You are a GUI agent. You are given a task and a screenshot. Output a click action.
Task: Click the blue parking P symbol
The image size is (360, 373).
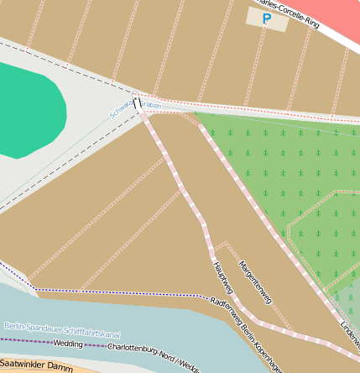[267, 18]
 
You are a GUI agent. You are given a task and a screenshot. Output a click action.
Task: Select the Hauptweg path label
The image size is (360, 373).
[220, 276]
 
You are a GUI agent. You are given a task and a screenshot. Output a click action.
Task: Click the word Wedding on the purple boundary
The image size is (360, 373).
[68, 343]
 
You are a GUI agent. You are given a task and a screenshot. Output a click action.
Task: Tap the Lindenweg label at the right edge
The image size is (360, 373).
[350, 328]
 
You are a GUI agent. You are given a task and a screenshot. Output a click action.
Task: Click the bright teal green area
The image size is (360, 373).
[29, 109]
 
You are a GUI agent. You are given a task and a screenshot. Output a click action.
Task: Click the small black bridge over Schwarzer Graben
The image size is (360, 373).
[138, 103]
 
